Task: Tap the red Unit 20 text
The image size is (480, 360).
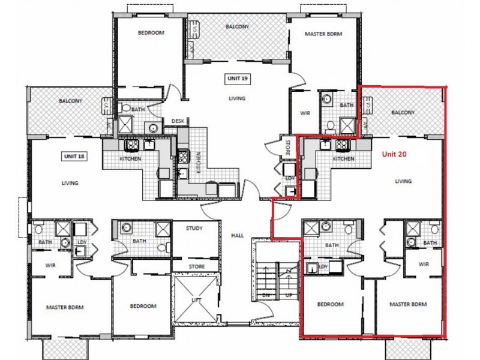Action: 395,154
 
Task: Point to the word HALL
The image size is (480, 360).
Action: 236,236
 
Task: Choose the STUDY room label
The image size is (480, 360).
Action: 194,228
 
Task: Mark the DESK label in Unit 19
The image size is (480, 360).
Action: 178,121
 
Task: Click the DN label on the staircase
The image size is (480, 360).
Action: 266,296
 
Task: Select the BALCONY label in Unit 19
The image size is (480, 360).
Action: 238,27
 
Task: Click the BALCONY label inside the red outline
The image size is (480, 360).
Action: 403,112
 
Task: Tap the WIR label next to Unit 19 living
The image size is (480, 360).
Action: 304,113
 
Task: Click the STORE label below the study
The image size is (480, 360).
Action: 196,267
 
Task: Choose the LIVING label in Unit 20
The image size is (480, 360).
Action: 403,181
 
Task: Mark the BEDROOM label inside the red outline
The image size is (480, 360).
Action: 331,304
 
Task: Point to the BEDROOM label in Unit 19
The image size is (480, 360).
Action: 151,32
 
